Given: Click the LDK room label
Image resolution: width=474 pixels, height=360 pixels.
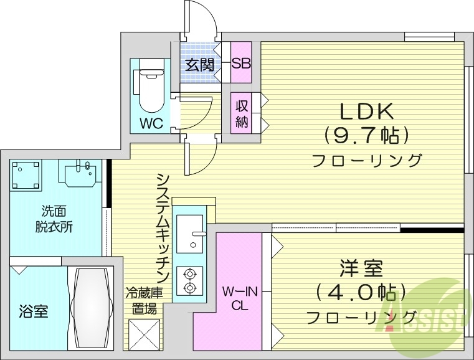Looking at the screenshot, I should (x=366, y=111).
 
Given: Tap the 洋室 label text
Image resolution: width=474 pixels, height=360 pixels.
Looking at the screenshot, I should (x=361, y=270).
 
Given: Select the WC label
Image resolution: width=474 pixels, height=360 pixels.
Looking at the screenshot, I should (x=151, y=123).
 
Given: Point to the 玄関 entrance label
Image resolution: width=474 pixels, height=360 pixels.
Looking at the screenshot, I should (x=199, y=64).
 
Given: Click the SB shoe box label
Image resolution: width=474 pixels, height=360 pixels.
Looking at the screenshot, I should (x=240, y=63).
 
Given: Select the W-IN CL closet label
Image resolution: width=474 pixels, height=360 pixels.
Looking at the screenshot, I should (x=237, y=297).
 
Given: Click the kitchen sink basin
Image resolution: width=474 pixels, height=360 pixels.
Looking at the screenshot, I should (x=189, y=233).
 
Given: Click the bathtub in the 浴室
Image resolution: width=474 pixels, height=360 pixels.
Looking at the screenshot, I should (x=90, y=309).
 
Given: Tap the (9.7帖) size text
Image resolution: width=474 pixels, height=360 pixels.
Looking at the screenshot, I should (x=366, y=135).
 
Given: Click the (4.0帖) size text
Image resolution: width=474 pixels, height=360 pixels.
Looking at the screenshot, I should (x=361, y=292).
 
